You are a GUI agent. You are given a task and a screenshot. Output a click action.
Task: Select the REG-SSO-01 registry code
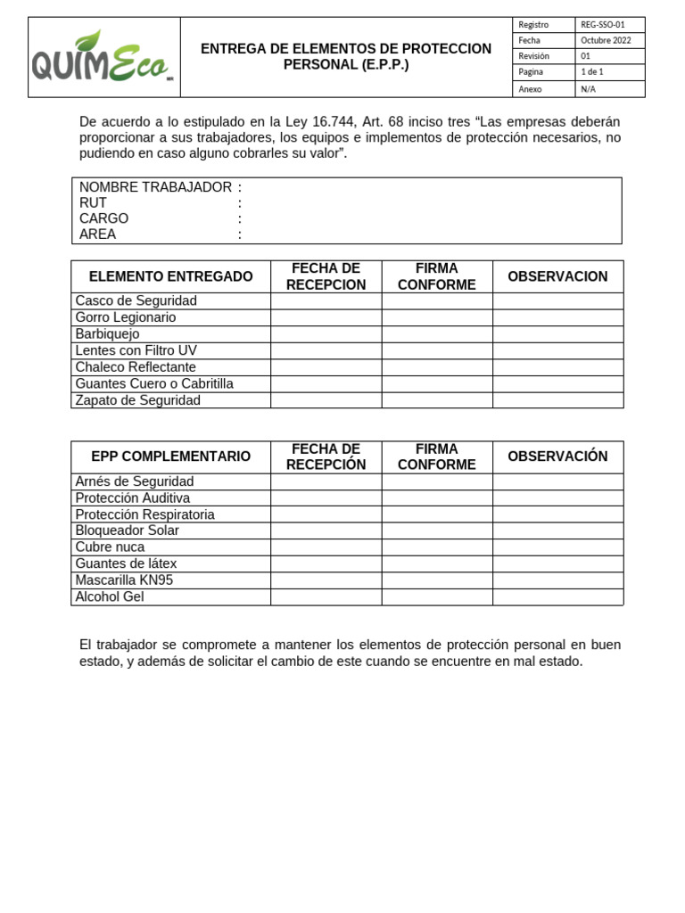click(x=603, y=25)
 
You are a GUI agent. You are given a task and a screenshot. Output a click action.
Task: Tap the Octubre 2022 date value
click(x=606, y=41)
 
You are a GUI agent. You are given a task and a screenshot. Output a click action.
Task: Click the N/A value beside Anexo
click(x=589, y=89)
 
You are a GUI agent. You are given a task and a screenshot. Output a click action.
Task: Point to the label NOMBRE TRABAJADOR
click(x=155, y=187)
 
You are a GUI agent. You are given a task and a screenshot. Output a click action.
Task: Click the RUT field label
click(x=93, y=203)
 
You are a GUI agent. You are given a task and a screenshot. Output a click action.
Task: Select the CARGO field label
click(x=103, y=218)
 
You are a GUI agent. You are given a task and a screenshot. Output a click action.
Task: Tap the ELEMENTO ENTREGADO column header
click(x=170, y=276)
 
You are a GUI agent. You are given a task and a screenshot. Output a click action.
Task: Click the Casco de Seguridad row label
click(x=136, y=301)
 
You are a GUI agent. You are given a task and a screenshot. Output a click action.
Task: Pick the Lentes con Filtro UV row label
click(x=136, y=350)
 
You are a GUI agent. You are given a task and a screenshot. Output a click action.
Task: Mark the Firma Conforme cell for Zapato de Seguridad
click(x=437, y=400)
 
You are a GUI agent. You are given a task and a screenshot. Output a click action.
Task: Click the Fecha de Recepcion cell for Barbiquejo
click(x=326, y=334)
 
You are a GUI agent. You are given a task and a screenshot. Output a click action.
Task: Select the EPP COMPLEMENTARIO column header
click(x=170, y=456)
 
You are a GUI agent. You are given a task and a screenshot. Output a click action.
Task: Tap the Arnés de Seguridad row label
click(x=134, y=481)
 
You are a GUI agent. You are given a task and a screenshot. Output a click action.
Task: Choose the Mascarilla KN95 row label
click(x=124, y=580)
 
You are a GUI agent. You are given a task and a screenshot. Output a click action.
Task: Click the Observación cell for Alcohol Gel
click(x=557, y=597)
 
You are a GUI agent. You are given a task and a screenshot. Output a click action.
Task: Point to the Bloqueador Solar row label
click(x=127, y=531)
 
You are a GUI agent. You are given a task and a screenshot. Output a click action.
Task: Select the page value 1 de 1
click(x=592, y=72)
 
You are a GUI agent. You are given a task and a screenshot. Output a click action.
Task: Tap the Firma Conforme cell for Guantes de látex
click(x=437, y=563)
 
